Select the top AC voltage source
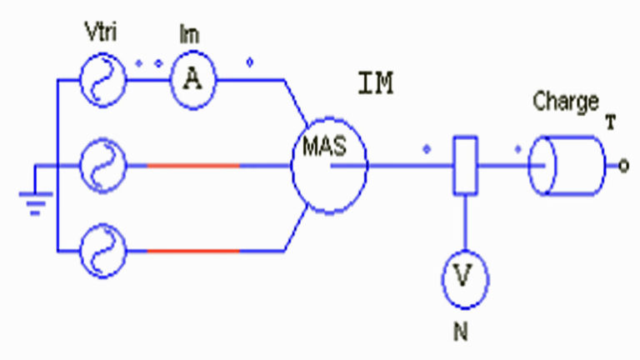pos(102,81)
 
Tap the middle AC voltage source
pos(102,166)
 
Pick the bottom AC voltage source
pos(102,249)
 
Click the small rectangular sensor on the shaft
pos(464,166)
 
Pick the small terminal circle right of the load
pos(622,167)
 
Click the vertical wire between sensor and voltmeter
pos(464,225)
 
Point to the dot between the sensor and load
pos(518,150)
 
